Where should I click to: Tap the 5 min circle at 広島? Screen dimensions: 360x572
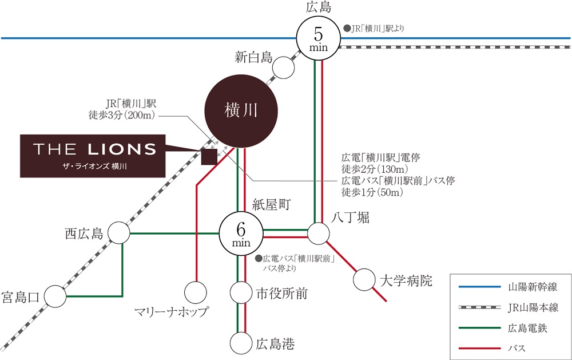point(319,38)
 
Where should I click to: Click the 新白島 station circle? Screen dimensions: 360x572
point(283,68)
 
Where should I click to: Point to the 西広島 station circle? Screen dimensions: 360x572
point(119,234)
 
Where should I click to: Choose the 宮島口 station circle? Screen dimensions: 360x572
point(55,296)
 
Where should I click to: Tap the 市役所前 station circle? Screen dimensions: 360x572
point(241,293)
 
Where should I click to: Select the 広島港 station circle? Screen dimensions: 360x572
point(241,343)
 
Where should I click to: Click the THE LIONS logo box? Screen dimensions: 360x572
point(93,155)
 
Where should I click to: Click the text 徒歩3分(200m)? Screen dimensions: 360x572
point(124,115)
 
